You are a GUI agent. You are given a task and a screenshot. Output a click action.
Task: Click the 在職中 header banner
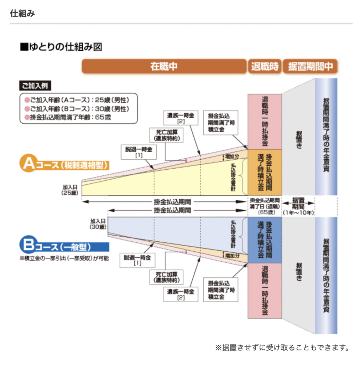pyautogui.click(x=164, y=67)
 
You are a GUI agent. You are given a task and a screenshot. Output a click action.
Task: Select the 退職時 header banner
pyautogui.click(x=265, y=67)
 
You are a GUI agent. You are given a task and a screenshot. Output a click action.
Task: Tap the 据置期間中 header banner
pyautogui.click(x=310, y=67)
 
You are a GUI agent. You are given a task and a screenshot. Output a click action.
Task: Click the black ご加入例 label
pyautogui.click(x=35, y=86)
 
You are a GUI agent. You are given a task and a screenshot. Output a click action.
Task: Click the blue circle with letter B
pyautogui.click(x=28, y=246)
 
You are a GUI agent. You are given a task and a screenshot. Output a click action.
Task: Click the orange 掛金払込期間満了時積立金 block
pyautogui.click(x=265, y=172)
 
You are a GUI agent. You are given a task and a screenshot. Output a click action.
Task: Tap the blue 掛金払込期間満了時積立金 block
pyautogui.click(x=265, y=240)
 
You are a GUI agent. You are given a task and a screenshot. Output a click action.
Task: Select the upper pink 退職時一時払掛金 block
pyautogui.click(x=265, y=121)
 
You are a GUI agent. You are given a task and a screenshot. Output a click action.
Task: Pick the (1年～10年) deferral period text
pyautogui.click(x=298, y=213)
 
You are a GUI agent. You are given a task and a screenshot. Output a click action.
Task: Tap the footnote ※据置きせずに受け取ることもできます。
pyautogui.click(x=281, y=347)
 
